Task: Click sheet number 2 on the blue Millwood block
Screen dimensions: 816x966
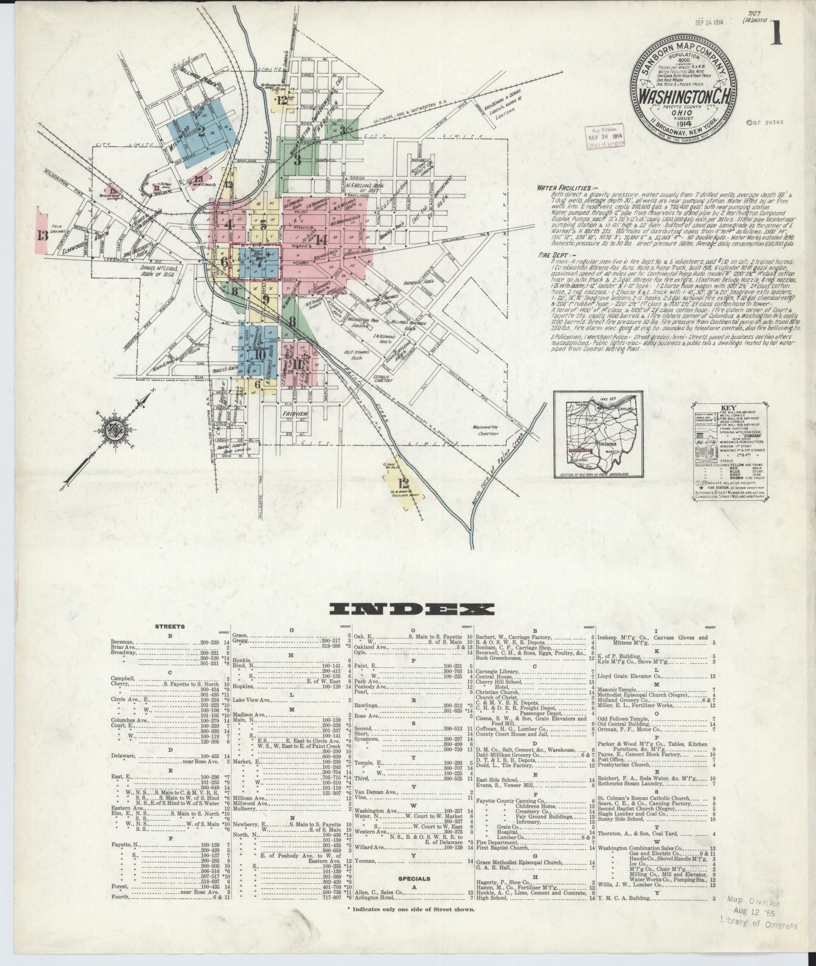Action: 201,132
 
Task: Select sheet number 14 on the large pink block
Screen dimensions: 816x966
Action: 321,239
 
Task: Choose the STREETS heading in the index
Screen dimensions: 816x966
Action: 169,626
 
